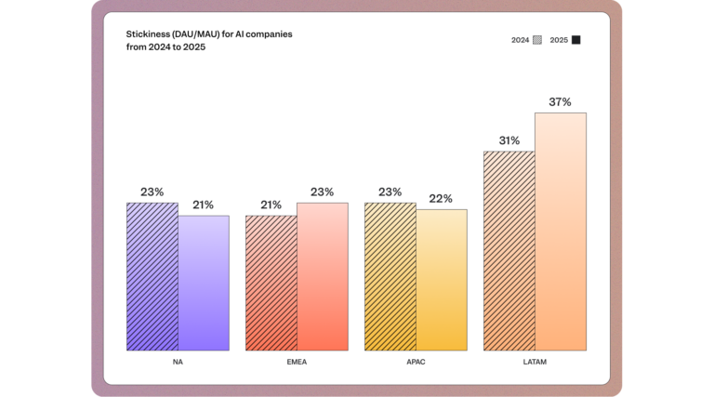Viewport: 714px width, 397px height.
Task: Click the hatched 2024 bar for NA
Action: [152, 276]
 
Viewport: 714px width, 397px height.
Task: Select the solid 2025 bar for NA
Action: [204, 283]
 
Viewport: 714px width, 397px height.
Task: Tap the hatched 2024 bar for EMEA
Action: [271, 283]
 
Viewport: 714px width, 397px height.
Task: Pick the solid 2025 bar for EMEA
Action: [323, 276]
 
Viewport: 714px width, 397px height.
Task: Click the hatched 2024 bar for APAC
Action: [390, 276]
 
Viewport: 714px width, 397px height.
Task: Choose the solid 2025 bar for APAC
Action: [442, 280]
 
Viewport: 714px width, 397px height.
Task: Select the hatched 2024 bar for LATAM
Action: [509, 250]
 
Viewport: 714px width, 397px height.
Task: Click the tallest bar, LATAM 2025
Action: [561, 232]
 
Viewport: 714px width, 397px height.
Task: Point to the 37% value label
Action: [560, 102]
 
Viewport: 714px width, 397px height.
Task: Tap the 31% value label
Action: [509, 140]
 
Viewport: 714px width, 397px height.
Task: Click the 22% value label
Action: [441, 199]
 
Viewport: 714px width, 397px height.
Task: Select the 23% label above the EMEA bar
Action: [322, 192]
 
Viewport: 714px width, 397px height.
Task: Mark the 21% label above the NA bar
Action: [203, 205]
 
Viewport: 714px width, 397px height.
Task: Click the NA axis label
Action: [178, 362]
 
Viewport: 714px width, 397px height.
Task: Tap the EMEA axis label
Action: [297, 362]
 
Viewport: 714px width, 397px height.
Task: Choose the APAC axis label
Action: [416, 362]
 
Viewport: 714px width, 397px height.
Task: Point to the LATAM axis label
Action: [535, 362]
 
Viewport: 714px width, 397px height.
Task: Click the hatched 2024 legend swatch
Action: [537, 40]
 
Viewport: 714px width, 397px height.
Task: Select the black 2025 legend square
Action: [576, 40]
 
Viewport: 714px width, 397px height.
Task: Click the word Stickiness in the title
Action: [149, 33]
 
